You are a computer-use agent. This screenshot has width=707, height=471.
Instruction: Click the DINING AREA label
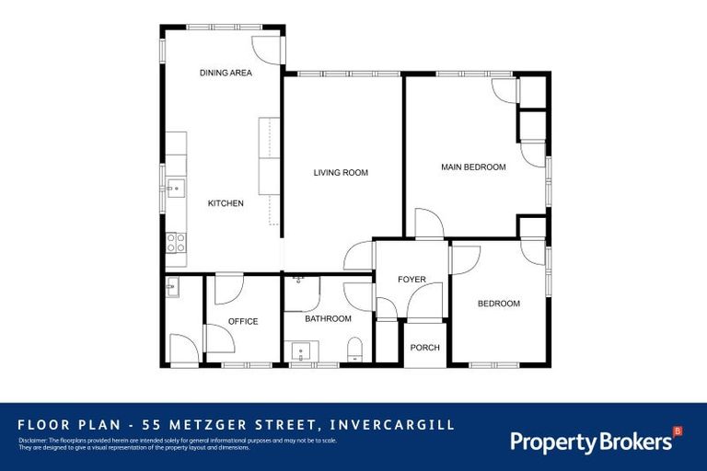(226, 73)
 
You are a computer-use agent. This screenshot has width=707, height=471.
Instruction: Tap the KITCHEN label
(226, 203)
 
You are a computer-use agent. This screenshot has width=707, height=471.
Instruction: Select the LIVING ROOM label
(341, 172)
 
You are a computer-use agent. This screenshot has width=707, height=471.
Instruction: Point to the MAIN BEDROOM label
(473, 167)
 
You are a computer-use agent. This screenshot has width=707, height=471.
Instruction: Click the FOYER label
(411, 279)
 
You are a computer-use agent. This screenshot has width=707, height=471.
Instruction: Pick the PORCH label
(425, 347)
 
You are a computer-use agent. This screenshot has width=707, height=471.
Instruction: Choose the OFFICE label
(243, 321)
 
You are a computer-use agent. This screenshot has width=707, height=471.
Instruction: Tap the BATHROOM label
(329, 319)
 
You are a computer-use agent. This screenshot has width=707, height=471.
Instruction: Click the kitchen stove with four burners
(175, 243)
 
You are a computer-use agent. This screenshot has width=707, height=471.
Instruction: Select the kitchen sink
(174, 190)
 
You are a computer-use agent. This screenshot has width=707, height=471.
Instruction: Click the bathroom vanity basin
(302, 350)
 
